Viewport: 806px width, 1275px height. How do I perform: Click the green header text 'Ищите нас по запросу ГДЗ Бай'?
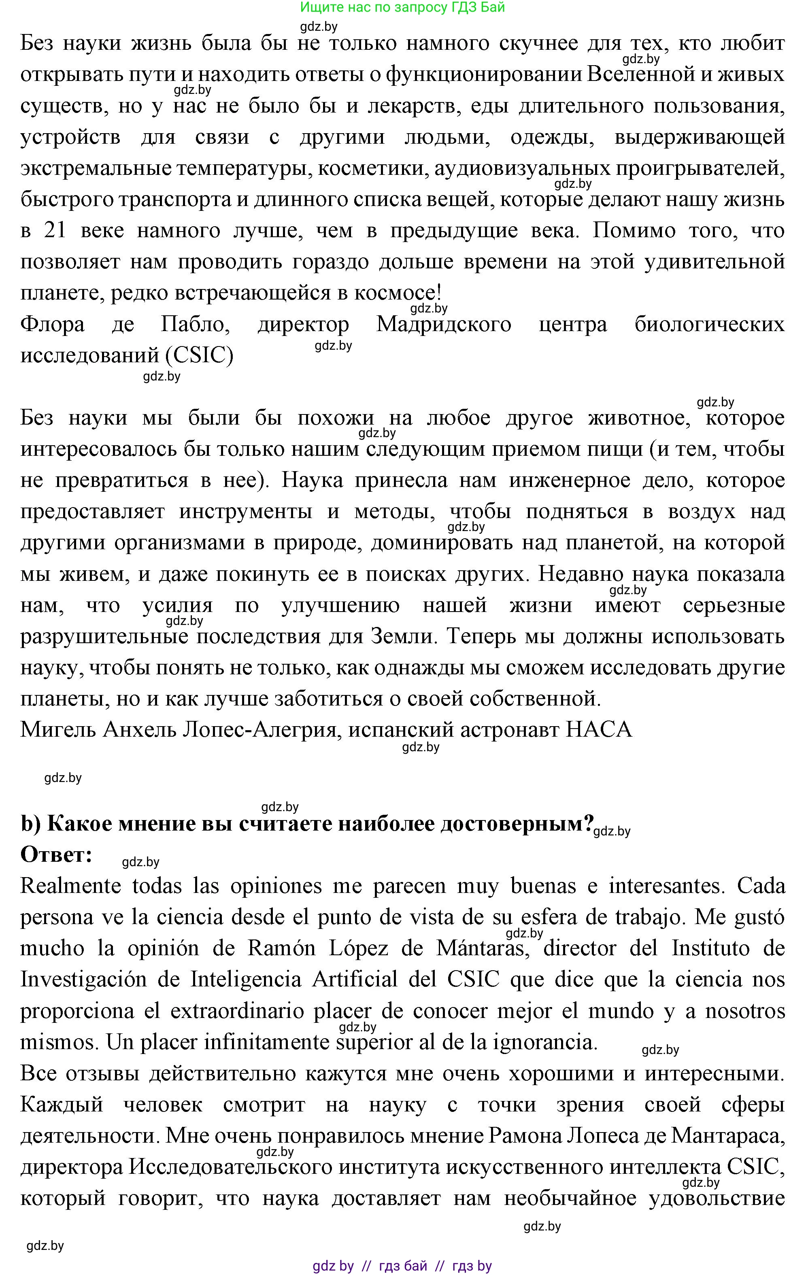tap(402, 7)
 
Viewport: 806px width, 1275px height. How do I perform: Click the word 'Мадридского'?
tap(443, 325)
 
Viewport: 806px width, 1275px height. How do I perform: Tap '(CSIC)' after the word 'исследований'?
tap(199, 356)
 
